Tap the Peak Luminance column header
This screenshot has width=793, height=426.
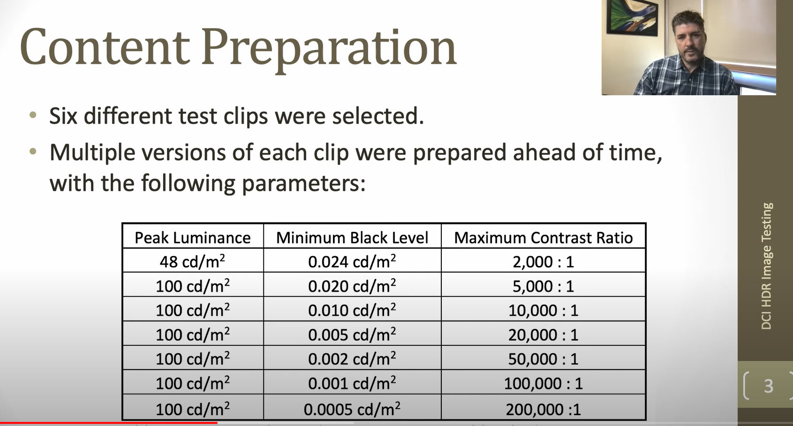(x=193, y=237)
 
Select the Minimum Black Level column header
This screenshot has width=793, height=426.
(x=352, y=237)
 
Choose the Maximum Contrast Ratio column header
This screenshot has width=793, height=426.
(x=544, y=237)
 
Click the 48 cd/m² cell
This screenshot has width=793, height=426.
(x=193, y=261)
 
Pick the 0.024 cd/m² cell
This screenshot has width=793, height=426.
(x=352, y=261)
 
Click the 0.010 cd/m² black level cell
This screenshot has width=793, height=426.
(x=352, y=310)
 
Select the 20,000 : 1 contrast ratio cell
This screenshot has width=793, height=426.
(x=544, y=335)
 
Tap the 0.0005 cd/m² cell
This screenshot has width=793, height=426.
(x=352, y=409)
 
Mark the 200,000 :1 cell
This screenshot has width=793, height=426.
(x=544, y=410)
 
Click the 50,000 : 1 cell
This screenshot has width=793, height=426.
(x=544, y=359)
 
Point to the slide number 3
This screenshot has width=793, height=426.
(x=769, y=386)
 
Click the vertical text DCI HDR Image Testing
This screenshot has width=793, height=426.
(x=766, y=266)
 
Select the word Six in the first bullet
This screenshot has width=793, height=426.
(x=63, y=116)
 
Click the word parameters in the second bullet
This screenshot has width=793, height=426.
(x=303, y=184)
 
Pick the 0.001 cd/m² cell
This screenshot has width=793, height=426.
(x=352, y=383)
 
